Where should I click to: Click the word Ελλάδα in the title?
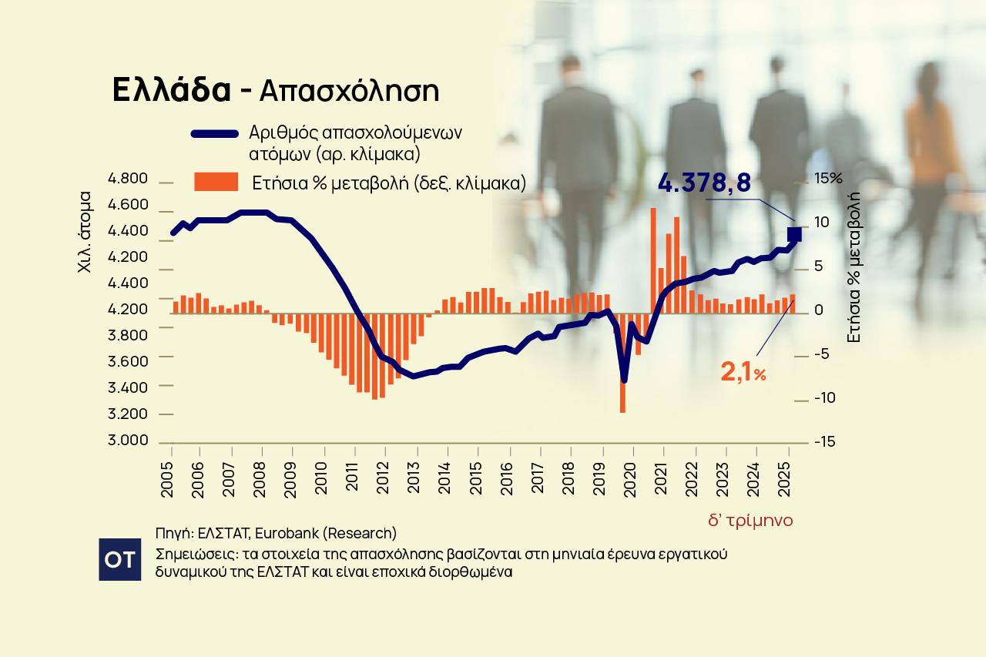click(x=171, y=90)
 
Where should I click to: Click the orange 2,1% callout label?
click(x=743, y=374)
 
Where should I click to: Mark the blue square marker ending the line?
click(x=794, y=234)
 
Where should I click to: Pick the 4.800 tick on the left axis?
click(x=128, y=179)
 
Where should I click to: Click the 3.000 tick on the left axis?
click(x=128, y=441)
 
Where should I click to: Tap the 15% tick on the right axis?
click(x=829, y=179)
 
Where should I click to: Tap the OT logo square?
click(x=120, y=559)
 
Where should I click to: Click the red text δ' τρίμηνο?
click(x=750, y=521)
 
